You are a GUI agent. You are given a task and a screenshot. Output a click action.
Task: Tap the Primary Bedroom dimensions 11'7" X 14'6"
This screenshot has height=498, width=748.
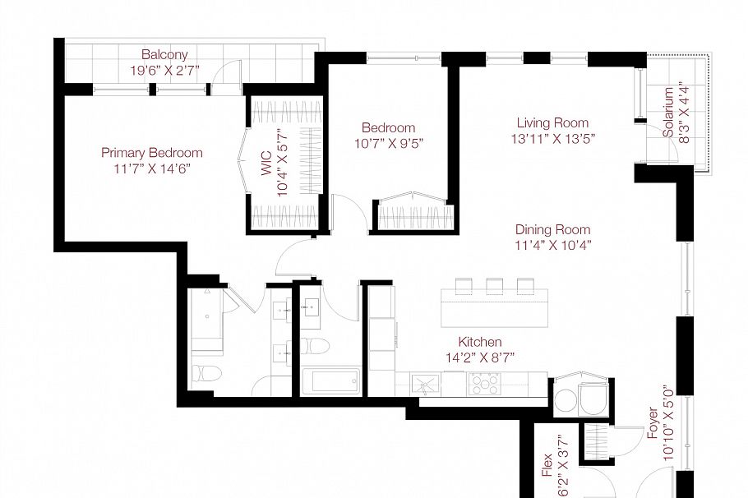151,168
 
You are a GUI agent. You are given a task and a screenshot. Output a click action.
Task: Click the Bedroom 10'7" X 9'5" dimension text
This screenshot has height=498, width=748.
388,144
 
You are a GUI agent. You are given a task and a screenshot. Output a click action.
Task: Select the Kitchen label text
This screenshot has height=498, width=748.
480,341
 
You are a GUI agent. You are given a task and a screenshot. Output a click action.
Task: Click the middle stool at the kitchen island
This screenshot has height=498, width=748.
494,285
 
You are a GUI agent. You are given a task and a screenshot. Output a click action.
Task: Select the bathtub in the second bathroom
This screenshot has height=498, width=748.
330,381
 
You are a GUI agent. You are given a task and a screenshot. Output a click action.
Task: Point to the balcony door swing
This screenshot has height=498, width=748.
220,79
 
